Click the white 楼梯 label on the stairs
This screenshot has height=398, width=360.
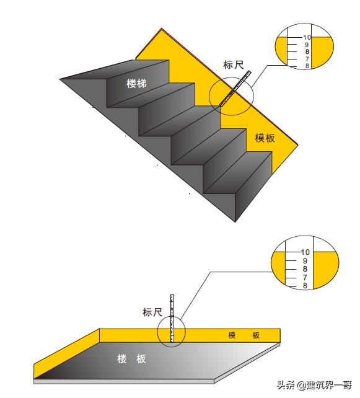(x=136, y=84)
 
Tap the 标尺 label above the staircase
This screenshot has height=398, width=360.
(x=234, y=65)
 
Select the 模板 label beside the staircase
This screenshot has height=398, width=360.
(x=265, y=138)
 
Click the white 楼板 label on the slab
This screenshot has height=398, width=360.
(x=131, y=359)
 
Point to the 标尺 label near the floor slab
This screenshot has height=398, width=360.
(x=152, y=312)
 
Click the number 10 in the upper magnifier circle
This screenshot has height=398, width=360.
(x=307, y=37)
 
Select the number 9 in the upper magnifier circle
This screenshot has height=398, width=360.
(x=307, y=45)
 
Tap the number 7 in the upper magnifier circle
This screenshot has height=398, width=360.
(x=307, y=59)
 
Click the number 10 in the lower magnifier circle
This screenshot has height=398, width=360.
(x=305, y=252)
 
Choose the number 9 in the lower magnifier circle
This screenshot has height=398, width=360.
(x=305, y=260)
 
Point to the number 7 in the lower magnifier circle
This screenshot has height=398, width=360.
(x=305, y=278)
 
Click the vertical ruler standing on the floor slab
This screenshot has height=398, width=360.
(x=172, y=318)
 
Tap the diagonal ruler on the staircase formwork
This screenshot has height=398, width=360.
(x=235, y=88)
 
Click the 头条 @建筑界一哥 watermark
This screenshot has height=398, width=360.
(x=314, y=385)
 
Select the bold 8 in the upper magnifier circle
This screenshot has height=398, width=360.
(x=307, y=52)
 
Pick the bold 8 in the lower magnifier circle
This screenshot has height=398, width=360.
(x=305, y=269)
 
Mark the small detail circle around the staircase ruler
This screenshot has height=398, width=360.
(x=209, y=97)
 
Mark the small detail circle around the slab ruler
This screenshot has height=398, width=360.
(x=157, y=332)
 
